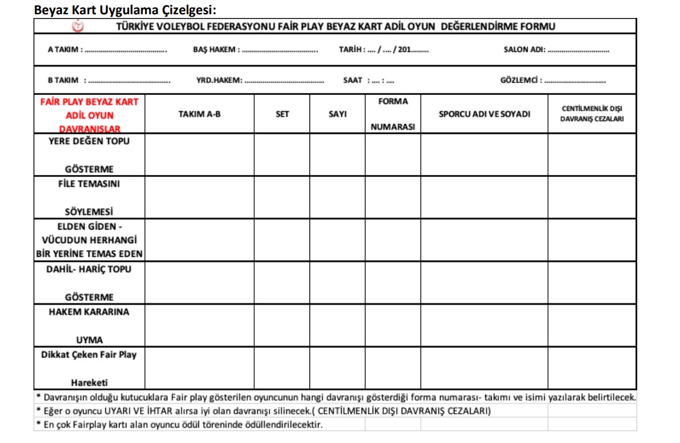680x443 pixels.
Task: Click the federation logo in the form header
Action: (x=78, y=26)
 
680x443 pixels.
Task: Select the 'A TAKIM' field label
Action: (x=65, y=50)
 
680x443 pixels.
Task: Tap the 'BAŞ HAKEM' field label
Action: (x=214, y=50)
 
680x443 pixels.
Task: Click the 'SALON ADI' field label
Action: (x=524, y=50)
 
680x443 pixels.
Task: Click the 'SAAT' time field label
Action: (x=353, y=80)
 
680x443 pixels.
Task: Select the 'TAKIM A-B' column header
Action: (x=199, y=114)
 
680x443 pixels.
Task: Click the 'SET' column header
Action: (x=282, y=114)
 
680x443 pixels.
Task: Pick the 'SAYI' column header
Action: (x=337, y=114)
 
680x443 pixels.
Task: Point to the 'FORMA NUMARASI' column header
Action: (x=393, y=114)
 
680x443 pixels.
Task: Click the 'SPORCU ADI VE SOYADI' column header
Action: (x=484, y=114)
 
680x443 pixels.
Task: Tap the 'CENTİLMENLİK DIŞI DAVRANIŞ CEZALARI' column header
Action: (x=591, y=114)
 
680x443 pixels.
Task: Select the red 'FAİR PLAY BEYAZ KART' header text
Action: (x=89, y=101)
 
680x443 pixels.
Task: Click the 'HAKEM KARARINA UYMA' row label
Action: (x=89, y=326)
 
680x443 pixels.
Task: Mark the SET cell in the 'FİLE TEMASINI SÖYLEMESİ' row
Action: (x=282, y=197)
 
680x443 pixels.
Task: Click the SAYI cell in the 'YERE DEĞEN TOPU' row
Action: (x=337, y=154)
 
